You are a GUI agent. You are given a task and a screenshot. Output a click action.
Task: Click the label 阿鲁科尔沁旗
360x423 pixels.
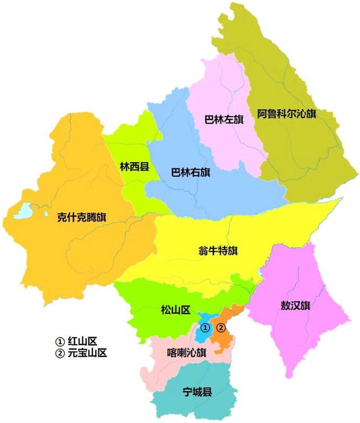(x=287, y=114)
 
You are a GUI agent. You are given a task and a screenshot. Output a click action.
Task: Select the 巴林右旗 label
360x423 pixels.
(x=190, y=173)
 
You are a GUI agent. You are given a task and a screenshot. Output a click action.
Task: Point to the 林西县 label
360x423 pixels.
(x=134, y=167)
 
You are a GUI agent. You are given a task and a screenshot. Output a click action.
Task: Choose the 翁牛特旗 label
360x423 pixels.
(x=218, y=251)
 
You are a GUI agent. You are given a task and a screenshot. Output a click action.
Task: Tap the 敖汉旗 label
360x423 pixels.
(x=295, y=306)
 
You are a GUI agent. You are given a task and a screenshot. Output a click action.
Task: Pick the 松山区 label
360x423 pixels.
(x=176, y=310)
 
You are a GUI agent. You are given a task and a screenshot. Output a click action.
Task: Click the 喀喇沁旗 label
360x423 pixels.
(x=186, y=353)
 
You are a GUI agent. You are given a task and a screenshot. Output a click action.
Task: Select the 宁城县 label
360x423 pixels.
(x=197, y=392)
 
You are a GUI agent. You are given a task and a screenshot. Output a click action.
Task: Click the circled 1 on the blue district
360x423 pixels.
(x=205, y=328)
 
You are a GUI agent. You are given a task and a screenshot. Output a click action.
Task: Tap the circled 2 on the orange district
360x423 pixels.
(x=221, y=328)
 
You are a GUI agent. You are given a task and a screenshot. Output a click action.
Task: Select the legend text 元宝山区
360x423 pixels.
(x=87, y=353)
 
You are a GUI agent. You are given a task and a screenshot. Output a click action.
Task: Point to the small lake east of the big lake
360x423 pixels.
(x=46, y=214)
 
